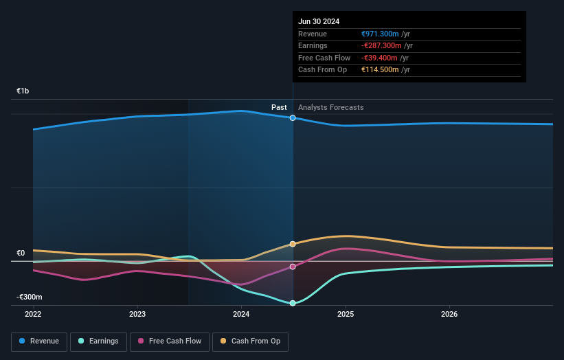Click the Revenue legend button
[x=39, y=341]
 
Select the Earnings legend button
[x=98, y=341]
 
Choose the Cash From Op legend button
[x=251, y=341]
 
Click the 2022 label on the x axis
[x=33, y=315]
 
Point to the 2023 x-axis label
[x=137, y=315]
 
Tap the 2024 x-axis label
[x=241, y=315]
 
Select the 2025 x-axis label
[x=346, y=315]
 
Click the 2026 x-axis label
[x=449, y=315]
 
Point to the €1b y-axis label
[x=23, y=91]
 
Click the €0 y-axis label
[x=21, y=254]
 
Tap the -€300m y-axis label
[x=30, y=297]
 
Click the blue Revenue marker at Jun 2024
[x=293, y=118]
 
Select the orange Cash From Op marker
[x=293, y=244]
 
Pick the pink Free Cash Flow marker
[x=293, y=267]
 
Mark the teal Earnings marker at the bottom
[x=293, y=303]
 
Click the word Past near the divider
[x=279, y=107]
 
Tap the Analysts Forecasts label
[x=331, y=107]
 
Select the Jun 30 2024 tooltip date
[x=319, y=21]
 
